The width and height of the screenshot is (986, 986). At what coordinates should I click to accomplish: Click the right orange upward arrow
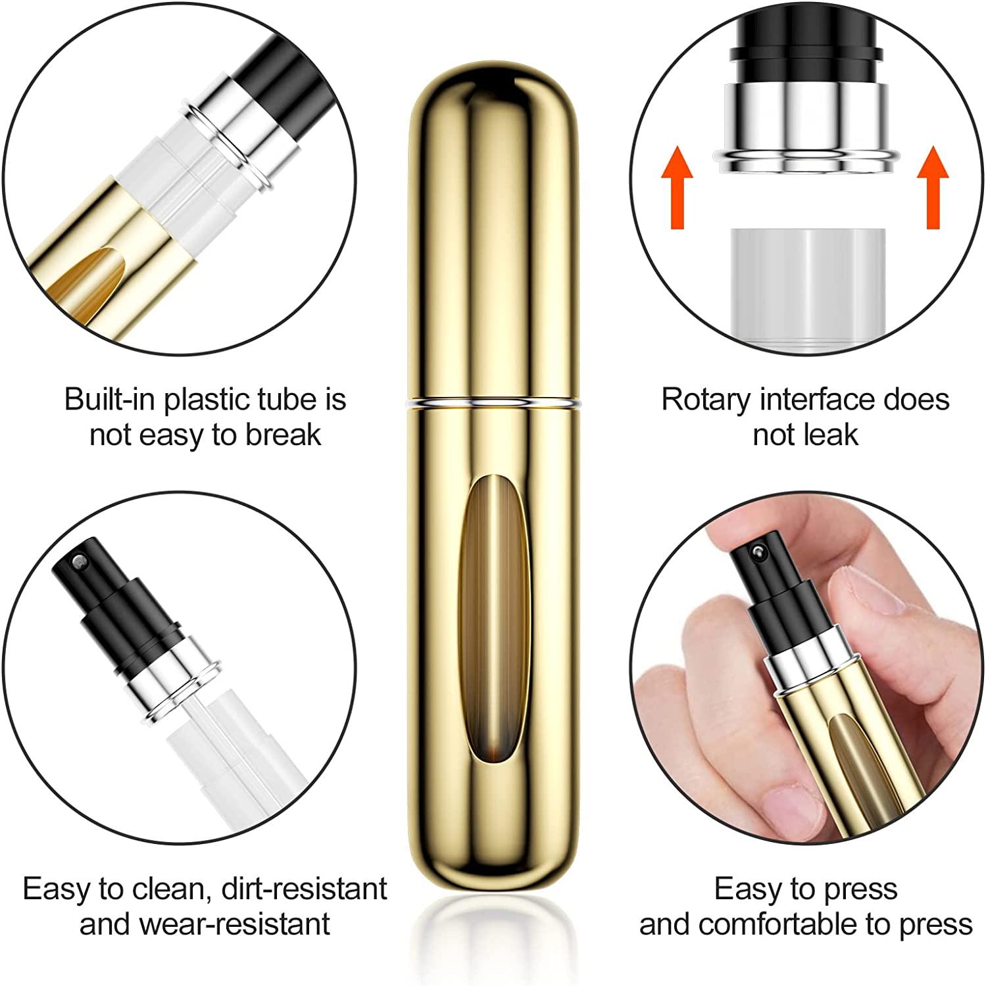point(933,187)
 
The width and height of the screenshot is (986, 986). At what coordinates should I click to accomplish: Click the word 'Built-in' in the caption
point(111,400)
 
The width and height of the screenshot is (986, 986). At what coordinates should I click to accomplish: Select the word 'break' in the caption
point(283,435)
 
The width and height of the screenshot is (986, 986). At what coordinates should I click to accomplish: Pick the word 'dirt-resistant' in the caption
point(305,889)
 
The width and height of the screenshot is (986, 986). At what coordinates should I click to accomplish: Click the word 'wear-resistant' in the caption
point(234,924)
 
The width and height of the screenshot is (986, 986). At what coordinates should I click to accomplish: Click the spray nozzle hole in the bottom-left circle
point(80,561)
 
